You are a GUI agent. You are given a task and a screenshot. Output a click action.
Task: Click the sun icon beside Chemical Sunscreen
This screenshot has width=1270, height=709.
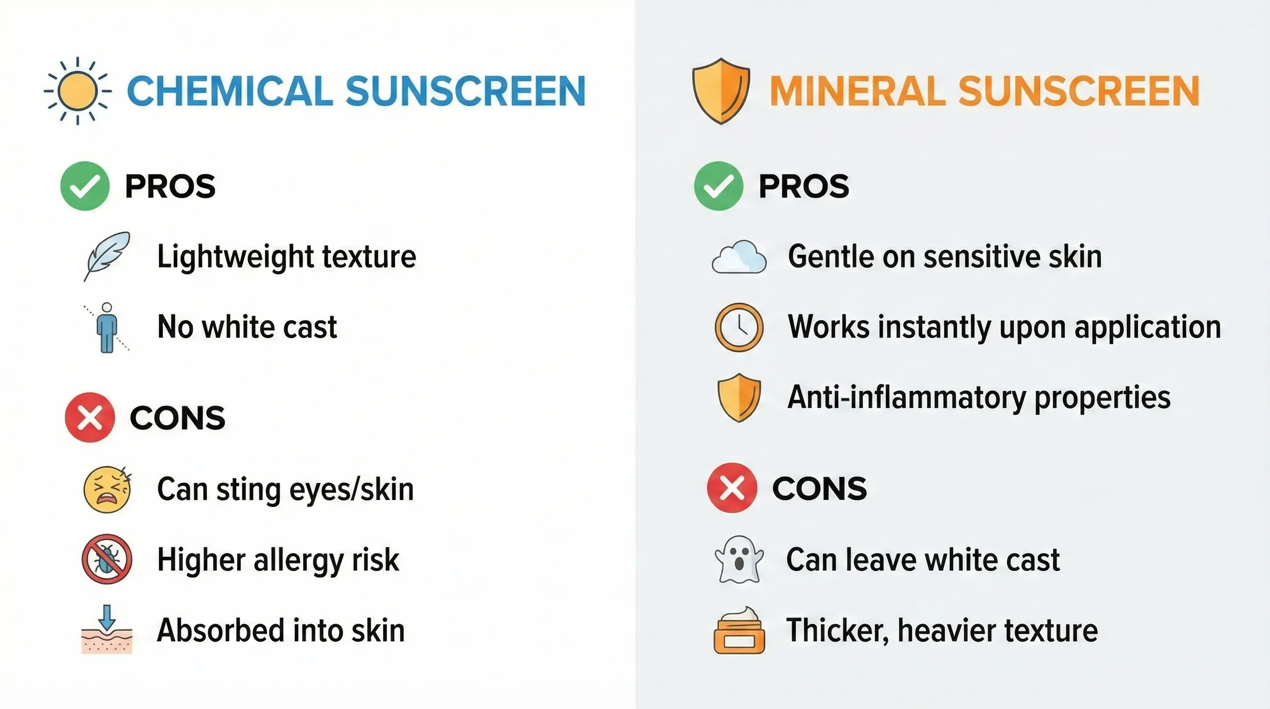coord(78,91)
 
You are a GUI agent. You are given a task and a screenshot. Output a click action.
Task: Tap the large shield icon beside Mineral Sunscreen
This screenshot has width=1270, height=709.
coord(721,91)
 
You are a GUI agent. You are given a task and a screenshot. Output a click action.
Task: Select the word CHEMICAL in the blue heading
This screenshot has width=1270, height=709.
coord(230,91)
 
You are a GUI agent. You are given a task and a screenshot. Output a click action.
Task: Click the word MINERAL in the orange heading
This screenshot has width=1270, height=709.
coord(857,91)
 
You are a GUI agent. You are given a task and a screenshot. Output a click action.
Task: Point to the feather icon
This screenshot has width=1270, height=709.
coord(107,255)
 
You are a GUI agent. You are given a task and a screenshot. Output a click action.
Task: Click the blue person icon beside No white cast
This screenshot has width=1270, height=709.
coord(107,327)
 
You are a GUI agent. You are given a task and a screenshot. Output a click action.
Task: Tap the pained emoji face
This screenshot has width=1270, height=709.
coord(108,489)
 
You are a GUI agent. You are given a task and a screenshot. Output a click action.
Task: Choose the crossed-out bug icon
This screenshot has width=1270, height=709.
coord(107,559)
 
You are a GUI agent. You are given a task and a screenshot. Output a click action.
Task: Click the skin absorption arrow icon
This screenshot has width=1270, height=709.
coord(107,630)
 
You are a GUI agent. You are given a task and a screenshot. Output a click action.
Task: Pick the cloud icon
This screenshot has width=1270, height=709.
coord(739,257)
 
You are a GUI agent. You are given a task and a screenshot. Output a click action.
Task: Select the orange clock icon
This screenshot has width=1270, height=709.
coord(739,327)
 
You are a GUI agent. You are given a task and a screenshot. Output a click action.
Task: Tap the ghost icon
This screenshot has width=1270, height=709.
coord(739,559)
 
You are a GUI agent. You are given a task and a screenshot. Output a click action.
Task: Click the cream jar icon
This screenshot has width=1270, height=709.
coord(739,631)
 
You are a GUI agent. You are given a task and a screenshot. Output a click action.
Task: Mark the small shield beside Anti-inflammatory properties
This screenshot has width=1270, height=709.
coord(739,397)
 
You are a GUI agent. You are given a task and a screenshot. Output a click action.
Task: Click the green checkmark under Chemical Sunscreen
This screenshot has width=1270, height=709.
coord(85,186)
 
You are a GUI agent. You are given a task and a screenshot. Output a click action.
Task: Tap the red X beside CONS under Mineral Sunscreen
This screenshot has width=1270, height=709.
coord(731,488)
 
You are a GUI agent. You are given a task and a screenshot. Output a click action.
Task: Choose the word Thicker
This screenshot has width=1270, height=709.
coord(837,631)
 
